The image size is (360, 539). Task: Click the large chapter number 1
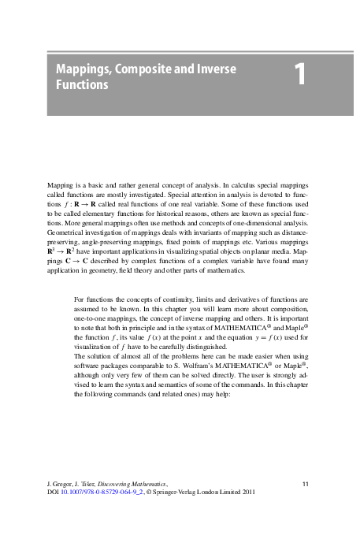[x=299, y=76]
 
